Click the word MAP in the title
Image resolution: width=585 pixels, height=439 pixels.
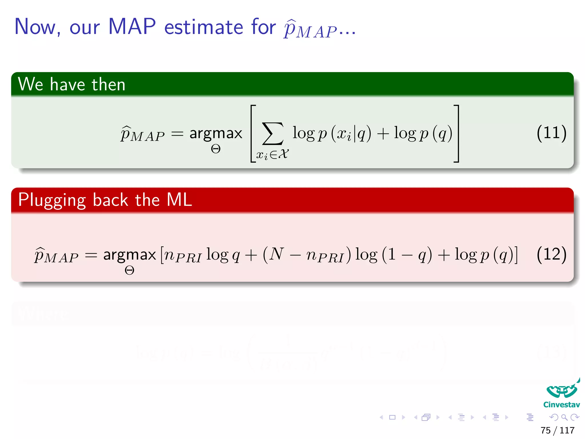click(132, 27)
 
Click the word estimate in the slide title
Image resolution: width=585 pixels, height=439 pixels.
click(204, 27)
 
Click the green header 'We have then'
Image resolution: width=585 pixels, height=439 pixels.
click(71, 84)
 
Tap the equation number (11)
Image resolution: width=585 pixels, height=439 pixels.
click(551, 133)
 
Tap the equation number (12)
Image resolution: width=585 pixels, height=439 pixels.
click(551, 254)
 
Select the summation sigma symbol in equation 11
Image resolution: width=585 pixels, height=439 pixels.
click(273, 134)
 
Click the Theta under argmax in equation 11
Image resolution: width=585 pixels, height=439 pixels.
click(216, 149)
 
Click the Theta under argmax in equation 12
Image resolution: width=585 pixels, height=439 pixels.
click(129, 270)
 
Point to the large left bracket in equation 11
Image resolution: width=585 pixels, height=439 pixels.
click(253, 134)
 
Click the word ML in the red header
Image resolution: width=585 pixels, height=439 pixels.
click(179, 199)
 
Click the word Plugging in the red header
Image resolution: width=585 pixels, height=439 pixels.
click(52, 200)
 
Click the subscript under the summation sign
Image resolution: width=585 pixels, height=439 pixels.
click(272, 155)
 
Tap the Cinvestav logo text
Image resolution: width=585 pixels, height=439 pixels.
click(561, 405)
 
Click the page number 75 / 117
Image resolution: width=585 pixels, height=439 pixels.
click(557, 430)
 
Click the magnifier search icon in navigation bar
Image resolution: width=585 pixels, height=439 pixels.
click(564, 417)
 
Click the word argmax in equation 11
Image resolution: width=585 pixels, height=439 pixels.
click(216, 133)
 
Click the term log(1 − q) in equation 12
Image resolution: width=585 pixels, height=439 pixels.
click(393, 254)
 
